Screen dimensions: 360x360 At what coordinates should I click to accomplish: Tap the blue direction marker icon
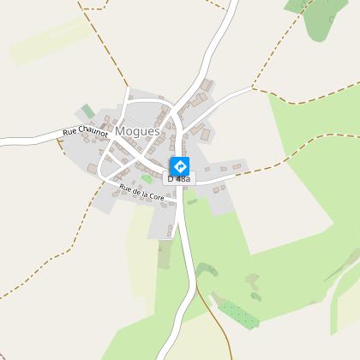(180, 165)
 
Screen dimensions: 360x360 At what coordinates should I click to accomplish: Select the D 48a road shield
(180, 178)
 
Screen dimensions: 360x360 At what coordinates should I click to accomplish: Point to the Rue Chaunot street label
(85, 132)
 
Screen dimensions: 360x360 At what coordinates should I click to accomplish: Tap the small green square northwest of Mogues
(87, 112)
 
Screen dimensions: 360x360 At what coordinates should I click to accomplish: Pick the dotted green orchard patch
(235, 312)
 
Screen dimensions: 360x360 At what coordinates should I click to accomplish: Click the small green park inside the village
(147, 178)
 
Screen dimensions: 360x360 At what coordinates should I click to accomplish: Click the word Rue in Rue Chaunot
(69, 134)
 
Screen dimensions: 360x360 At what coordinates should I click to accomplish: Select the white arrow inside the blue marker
(180, 165)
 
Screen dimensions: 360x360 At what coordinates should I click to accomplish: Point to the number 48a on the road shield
(183, 178)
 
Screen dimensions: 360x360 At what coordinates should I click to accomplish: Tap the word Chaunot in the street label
(92, 131)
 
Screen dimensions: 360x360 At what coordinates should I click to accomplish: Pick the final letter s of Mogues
(157, 132)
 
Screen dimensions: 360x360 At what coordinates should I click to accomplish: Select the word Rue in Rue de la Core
(125, 186)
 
